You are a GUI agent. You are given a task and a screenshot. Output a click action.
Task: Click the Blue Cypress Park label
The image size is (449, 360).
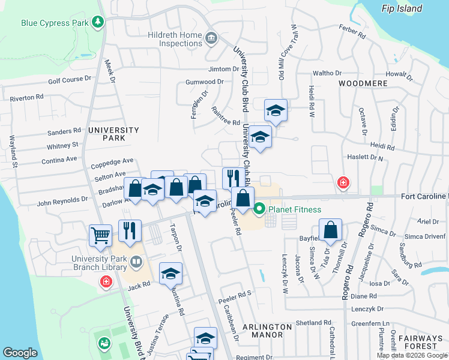pyautogui.click(x=54, y=23)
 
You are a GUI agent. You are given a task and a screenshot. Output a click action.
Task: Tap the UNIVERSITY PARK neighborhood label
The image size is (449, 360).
pyautogui.click(x=113, y=134)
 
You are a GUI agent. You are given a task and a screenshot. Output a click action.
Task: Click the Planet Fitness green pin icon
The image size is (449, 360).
pyautogui.click(x=259, y=209)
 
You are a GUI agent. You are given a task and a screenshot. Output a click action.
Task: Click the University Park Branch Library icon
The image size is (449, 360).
pyautogui.click(x=136, y=262)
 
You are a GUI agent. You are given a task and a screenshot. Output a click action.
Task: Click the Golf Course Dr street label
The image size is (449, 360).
pyautogui.click(x=69, y=79)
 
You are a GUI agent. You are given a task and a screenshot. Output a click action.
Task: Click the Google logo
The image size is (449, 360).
pyautogui.click(x=20, y=353)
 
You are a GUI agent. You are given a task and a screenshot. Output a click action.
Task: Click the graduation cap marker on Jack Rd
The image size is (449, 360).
pyautogui.click(x=170, y=274)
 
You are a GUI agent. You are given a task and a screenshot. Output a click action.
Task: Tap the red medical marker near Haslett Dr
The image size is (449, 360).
pyautogui.click(x=343, y=182)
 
